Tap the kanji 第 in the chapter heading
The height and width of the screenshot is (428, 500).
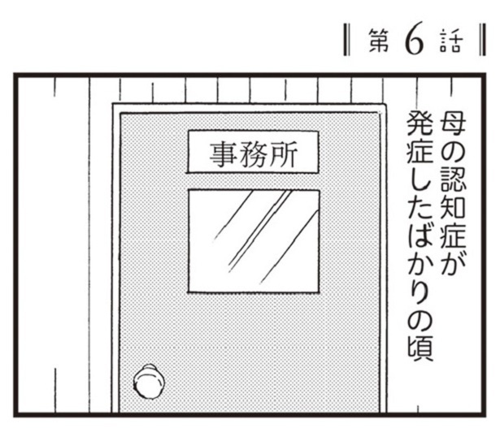point(379,41)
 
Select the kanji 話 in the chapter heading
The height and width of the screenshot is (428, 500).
point(450,41)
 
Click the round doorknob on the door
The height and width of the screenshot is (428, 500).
point(149,381)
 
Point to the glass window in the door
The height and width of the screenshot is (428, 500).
point(254,240)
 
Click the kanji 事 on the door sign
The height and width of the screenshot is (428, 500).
point(222,153)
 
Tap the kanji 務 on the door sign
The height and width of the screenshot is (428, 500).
point(253,153)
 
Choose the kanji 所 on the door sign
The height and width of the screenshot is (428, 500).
point(283,153)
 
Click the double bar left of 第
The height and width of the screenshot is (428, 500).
point(347,40)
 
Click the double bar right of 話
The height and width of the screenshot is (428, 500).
point(482,40)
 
